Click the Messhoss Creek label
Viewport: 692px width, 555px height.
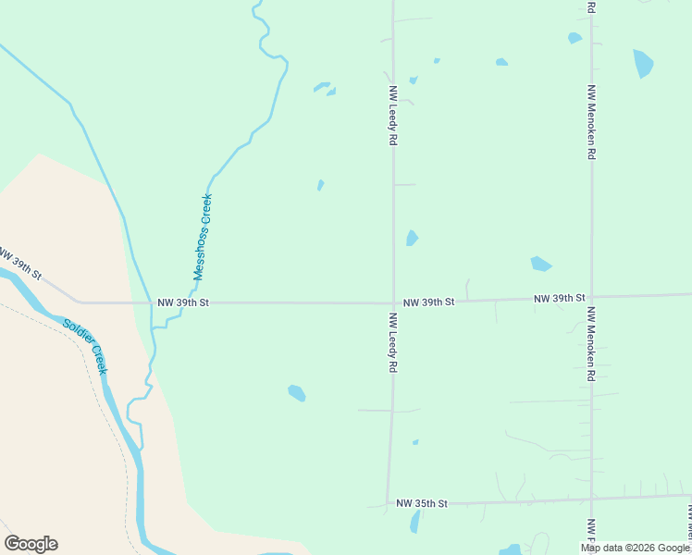[x=203, y=236]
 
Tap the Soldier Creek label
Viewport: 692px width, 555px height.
[x=86, y=346]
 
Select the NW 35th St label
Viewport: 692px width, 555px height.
[x=421, y=503]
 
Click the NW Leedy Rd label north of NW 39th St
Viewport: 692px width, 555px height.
[x=393, y=116]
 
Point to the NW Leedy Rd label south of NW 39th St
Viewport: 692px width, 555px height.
[x=392, y=342]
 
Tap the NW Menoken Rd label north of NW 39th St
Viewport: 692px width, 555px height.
[x=590, y=122]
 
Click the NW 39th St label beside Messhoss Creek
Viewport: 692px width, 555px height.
[x=184, y=302]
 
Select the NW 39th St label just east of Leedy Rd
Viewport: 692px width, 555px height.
[x=428, y=302]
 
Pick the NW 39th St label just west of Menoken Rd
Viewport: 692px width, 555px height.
[x=560, y=298]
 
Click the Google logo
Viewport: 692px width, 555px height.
[x=31, y=544]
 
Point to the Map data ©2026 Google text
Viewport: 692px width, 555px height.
[x=636, y=548]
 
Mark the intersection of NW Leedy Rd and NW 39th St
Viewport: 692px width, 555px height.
[x=393, y=302]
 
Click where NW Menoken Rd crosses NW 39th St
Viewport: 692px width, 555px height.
[x=591, y=298]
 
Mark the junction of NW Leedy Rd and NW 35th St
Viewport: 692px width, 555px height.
[x=389, y=504]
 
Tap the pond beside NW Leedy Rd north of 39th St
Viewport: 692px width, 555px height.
[x=412, y=238]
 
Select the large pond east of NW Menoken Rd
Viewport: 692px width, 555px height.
[x=642, y=63]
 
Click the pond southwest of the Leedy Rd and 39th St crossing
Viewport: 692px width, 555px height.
[x=296, y=393]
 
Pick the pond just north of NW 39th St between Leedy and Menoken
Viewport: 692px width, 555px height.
[x=540, y=265]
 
